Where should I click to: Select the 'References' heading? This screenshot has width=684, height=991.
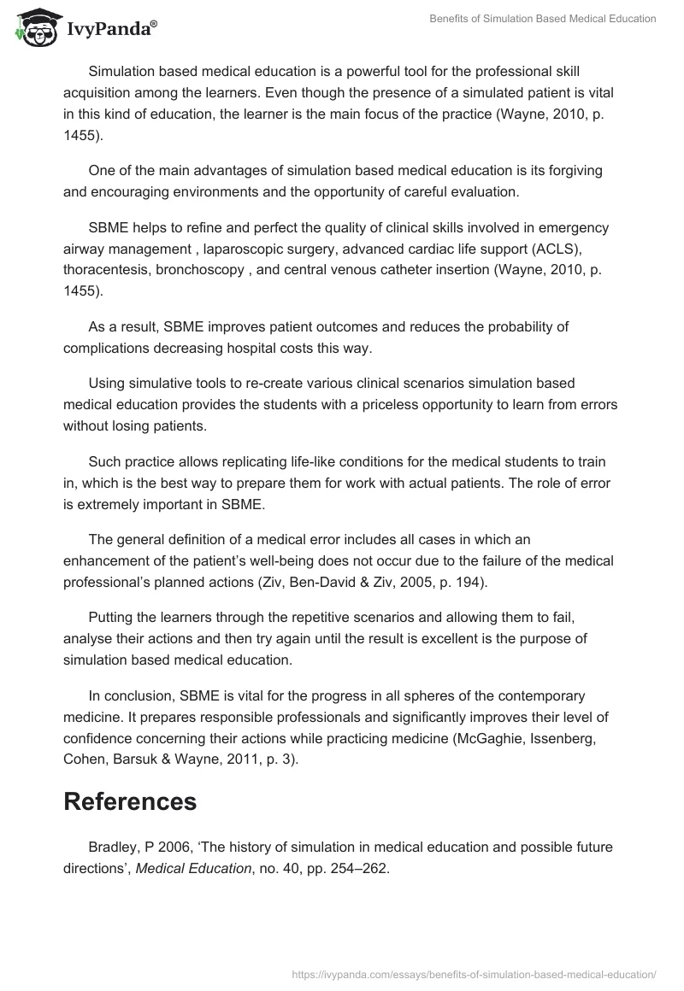click(x=130, y=801)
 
